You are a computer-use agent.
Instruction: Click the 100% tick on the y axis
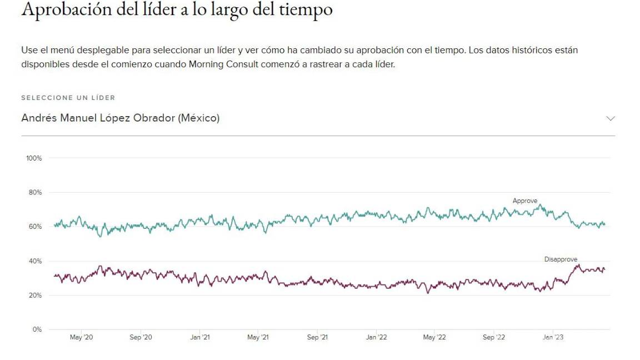(x=34, y=158)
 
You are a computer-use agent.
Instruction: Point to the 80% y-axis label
(x=36, y=193)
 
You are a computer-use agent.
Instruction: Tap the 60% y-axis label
(x=36, y=227)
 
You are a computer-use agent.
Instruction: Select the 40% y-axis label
(x=36, y=261)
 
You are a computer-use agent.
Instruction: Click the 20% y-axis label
(x=36, y=296)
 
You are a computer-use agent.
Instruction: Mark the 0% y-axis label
(x=37, y=329)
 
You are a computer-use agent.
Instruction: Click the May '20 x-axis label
(x=81, y=337)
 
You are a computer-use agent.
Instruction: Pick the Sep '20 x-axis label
(x=141, y=337)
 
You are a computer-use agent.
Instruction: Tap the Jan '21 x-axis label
(x=199, y=337)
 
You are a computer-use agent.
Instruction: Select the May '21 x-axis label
(x=258, y=337)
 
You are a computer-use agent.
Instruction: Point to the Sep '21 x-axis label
(x=317, y=337)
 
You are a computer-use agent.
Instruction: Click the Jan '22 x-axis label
(x=376, y=337)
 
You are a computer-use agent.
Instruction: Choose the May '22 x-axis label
(x=434, y=337)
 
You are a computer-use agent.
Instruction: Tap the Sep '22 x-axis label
(x=493, y=337)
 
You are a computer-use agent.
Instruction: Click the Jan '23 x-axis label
(x=552, y=337)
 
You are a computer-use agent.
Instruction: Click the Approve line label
(x=525, y=201)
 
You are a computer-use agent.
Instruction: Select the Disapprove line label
(x=561, y=259)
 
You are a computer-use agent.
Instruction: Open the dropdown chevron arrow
(x=611, y=118)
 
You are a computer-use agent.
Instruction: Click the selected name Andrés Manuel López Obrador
(x=120, y=118)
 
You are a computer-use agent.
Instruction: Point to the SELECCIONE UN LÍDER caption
(x=68, y=98)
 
